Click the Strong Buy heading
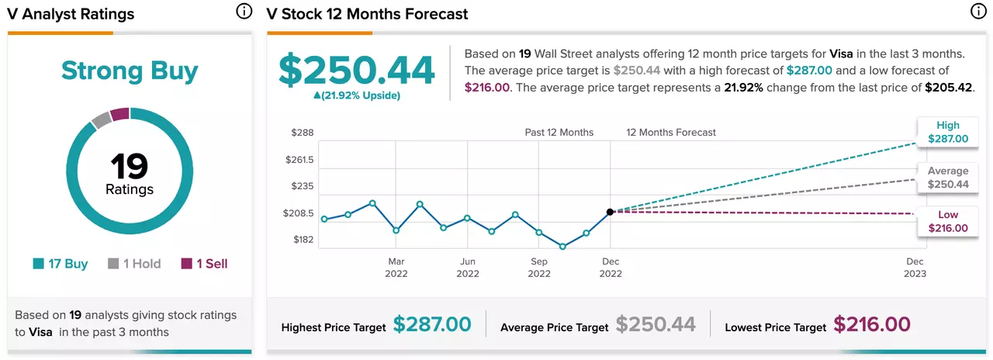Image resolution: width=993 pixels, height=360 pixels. [130, 71]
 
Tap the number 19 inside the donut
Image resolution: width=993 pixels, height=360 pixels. [129, 166]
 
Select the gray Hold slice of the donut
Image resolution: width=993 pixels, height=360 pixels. [102, 119]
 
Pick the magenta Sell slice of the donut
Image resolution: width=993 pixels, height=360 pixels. [119, 113]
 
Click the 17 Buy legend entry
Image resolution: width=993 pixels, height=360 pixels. [61, 264]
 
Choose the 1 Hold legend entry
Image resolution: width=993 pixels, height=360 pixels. [134, 264]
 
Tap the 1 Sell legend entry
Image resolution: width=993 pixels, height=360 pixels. [204, 264]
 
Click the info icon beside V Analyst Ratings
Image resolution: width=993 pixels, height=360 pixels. [244, 12]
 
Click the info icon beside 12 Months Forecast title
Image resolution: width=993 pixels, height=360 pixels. [978, 12]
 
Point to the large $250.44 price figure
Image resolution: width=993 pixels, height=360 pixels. [357, 70]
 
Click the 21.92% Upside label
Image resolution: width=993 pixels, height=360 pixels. [357, 95]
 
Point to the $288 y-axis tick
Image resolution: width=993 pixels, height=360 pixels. [303, 133]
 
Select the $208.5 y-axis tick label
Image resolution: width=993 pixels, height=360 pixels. [299, 213]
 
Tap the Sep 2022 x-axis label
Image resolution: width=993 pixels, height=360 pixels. [539, 268]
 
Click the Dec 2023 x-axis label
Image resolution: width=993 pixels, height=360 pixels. [915, 268]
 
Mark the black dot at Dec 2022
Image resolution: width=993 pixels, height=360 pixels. [610, 212]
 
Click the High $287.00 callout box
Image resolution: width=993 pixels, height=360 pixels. [948, 132]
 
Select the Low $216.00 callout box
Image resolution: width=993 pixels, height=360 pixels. [948, 222]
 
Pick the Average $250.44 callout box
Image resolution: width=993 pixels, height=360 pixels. [948, 178]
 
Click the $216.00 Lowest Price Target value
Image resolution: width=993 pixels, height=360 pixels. [872, 324]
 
